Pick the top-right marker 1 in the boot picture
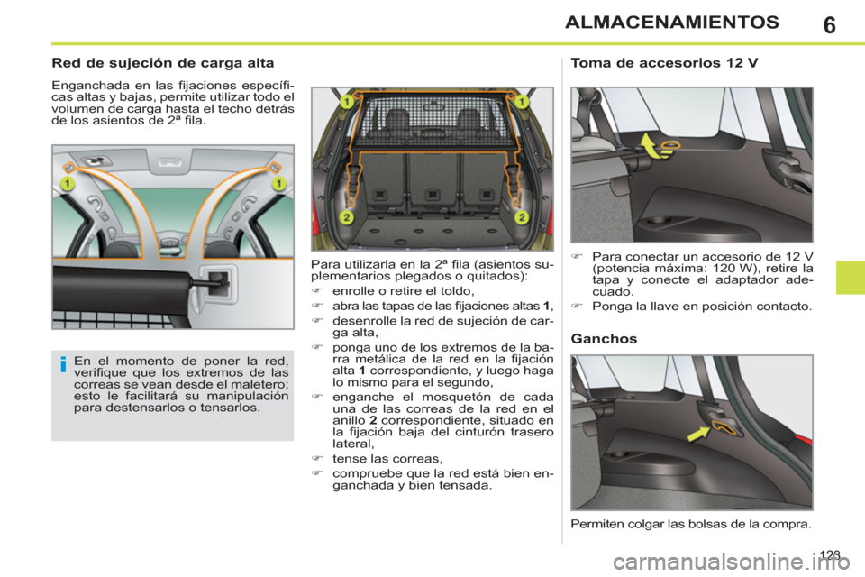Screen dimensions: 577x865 click(521, 103)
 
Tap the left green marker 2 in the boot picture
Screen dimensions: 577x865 click(346, 217)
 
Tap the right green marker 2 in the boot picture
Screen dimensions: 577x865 click(521, 217)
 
